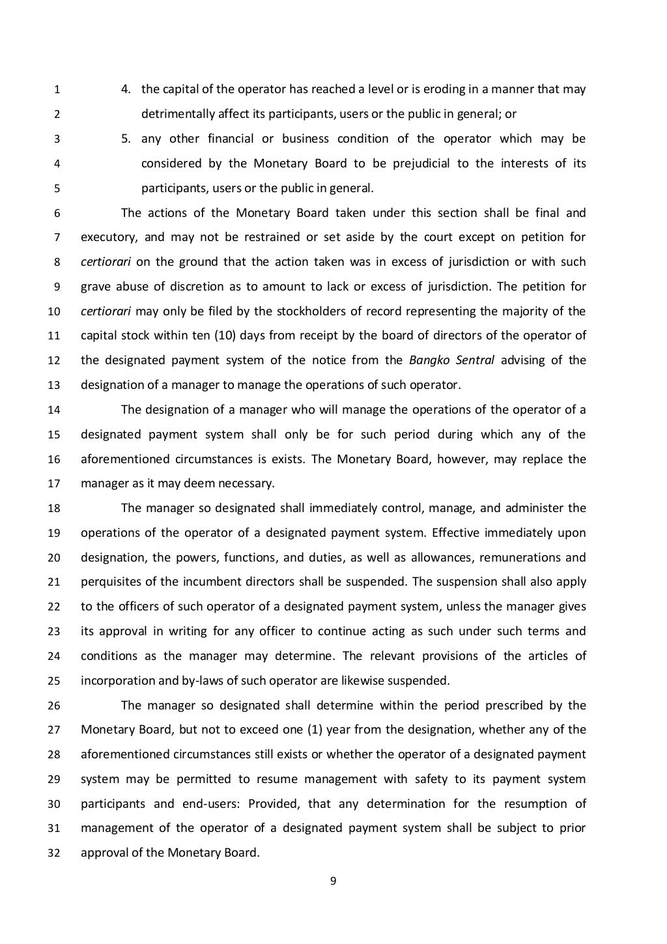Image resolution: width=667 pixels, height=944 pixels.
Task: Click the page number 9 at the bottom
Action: pyautogui.click(x=333, y=881)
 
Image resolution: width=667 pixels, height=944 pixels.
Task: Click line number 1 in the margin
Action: pyautogui.click(x=57, y=90)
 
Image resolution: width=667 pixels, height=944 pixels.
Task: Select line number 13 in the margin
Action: pyautogui.click(x=55, y=385)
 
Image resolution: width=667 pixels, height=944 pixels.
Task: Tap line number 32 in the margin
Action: pyautogui.click(x=55, y=853)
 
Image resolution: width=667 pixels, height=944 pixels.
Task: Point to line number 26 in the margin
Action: pyautogui.click(x=55, y=706)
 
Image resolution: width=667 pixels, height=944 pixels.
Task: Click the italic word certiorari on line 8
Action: pyautogui.click(x=106, y=262)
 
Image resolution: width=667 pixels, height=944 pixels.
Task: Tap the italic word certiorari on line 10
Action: pyautogui.click(x=106, y=311)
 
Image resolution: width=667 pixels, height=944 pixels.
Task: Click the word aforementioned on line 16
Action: pyautogui.click(x=124, y=459)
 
